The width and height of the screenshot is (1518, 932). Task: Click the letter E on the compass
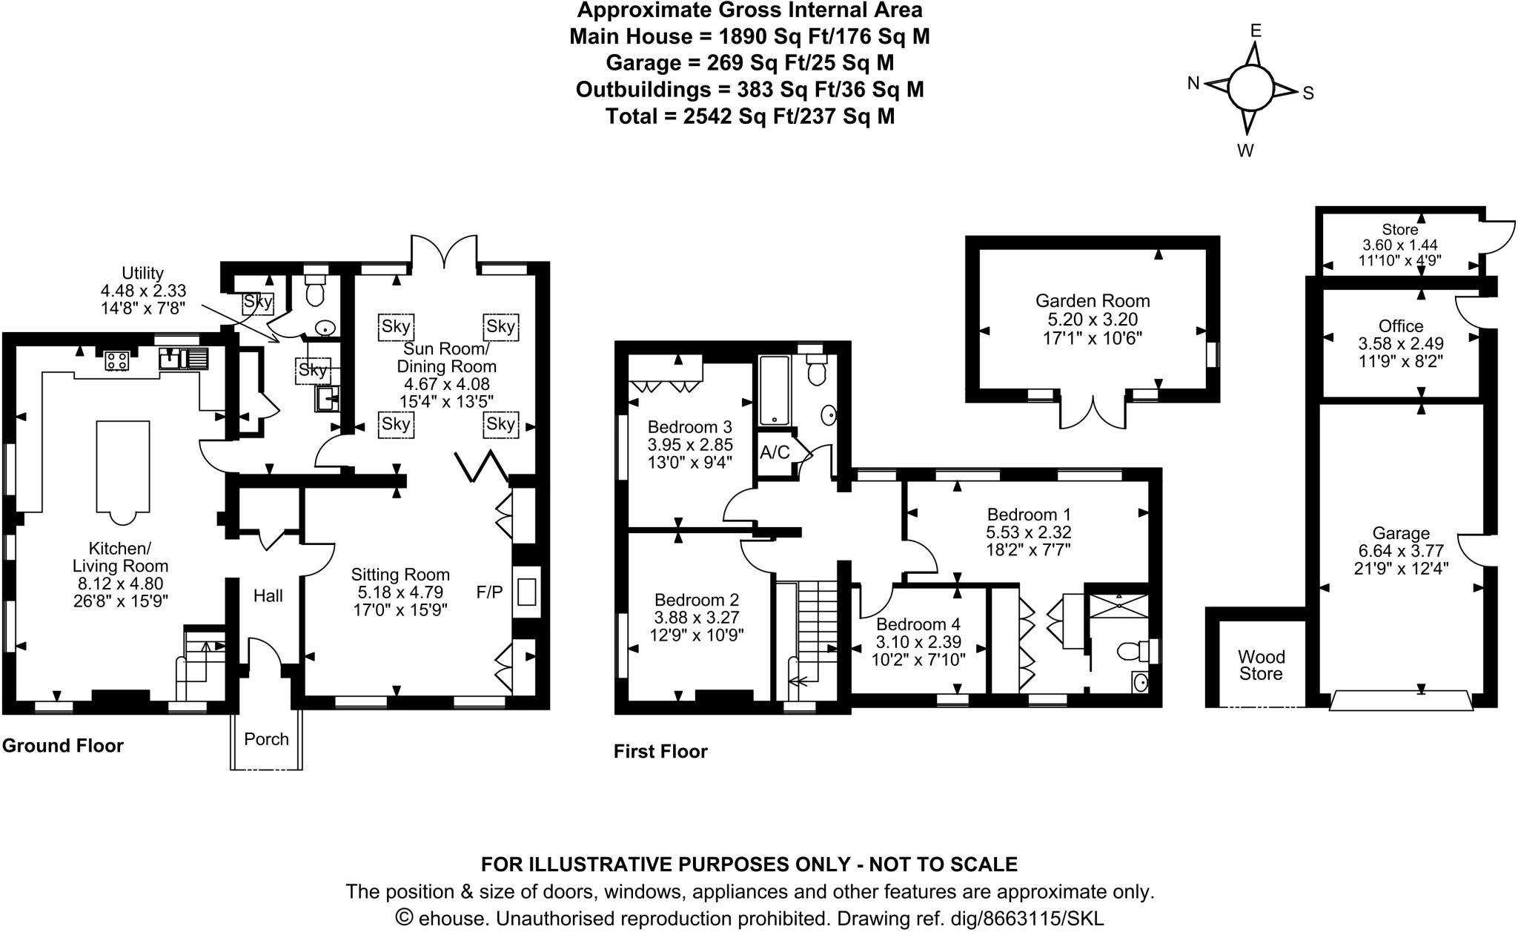[1256, 30]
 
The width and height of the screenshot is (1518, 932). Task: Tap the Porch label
[266, 739]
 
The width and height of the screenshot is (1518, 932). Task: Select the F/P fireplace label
[489, 592]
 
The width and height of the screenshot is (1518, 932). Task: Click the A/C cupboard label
[775, 452]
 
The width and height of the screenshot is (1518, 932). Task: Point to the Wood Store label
[1261, 665]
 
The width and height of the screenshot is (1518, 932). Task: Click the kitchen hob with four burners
[117, 360]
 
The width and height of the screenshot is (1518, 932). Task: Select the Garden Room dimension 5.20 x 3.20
[1093, 320]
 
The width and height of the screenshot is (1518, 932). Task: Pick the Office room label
[1400, 326]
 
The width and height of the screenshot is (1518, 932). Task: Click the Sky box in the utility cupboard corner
[258, 302]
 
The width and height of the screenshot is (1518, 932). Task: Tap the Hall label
[268, 595]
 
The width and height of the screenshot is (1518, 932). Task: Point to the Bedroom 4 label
[921, 624]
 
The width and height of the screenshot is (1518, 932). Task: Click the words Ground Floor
[63, 746]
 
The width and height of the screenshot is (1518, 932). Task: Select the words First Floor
[660, 752]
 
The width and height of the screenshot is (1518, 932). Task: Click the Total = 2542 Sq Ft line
[749, 116]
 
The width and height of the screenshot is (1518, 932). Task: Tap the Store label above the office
[1399, 230]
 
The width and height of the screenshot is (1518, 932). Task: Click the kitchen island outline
[123, 466]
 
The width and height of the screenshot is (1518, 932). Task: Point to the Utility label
[143, 273]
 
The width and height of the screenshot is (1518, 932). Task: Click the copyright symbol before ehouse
[404, 918]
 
